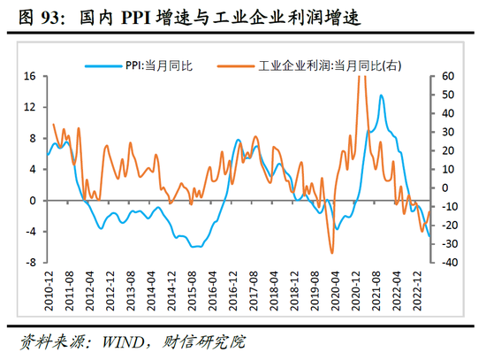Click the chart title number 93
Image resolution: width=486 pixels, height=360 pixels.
pyautogui.click(x=42, y=16)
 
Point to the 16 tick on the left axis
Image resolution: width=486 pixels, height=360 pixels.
pyautogui.click(x=28, y=77)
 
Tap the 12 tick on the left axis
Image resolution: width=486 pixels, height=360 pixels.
pyautogui.click(x=28, y=108)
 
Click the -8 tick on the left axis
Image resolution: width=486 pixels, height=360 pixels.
pyautogui.click(x=28, y=263)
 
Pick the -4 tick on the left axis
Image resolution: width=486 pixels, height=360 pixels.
pyautogui.click(x=28, y=232)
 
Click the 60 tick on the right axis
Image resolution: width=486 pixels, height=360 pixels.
pyautogui.click(x=447, y=77)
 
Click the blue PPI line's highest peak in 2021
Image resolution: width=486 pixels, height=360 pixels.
pyautogui.click(x=381, y=95)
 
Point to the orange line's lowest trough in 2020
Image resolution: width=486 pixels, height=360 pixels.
pyautogui.click(x=332, y=253)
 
